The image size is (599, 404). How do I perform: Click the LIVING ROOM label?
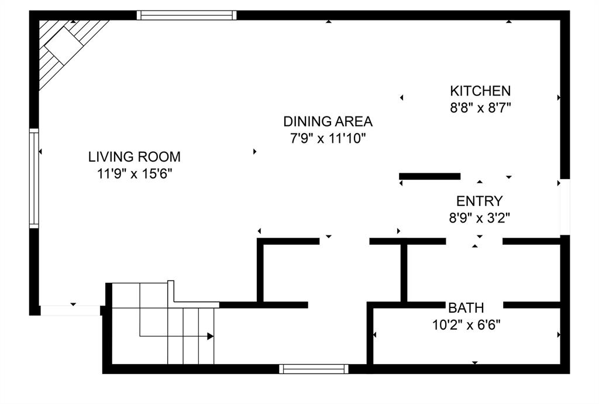point(134,157)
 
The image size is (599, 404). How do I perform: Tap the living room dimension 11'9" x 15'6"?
point(134,173)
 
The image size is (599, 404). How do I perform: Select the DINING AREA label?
point(328,122)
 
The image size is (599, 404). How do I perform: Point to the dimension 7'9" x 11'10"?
point(328,138)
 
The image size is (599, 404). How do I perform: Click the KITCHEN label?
point(480,91)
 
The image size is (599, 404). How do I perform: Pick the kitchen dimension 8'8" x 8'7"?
point(480,108)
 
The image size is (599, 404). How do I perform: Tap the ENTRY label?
point(479,201)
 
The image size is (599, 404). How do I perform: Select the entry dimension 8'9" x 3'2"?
point(479,218)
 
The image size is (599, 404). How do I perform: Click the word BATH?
point(466,307)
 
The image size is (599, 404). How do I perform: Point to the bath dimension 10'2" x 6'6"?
point(466,324)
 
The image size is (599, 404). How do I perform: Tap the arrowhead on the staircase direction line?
point(210,336)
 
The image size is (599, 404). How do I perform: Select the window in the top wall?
point(187,15)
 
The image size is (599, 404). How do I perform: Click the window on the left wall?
point(34,179)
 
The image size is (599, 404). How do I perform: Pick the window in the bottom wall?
point(314,369)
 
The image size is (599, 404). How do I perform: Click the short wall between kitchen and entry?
point(429,176)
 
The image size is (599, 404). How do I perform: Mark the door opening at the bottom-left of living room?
point(70,310)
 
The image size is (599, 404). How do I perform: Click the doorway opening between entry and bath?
point(474,241)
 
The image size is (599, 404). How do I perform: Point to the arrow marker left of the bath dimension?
point(375,335)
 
